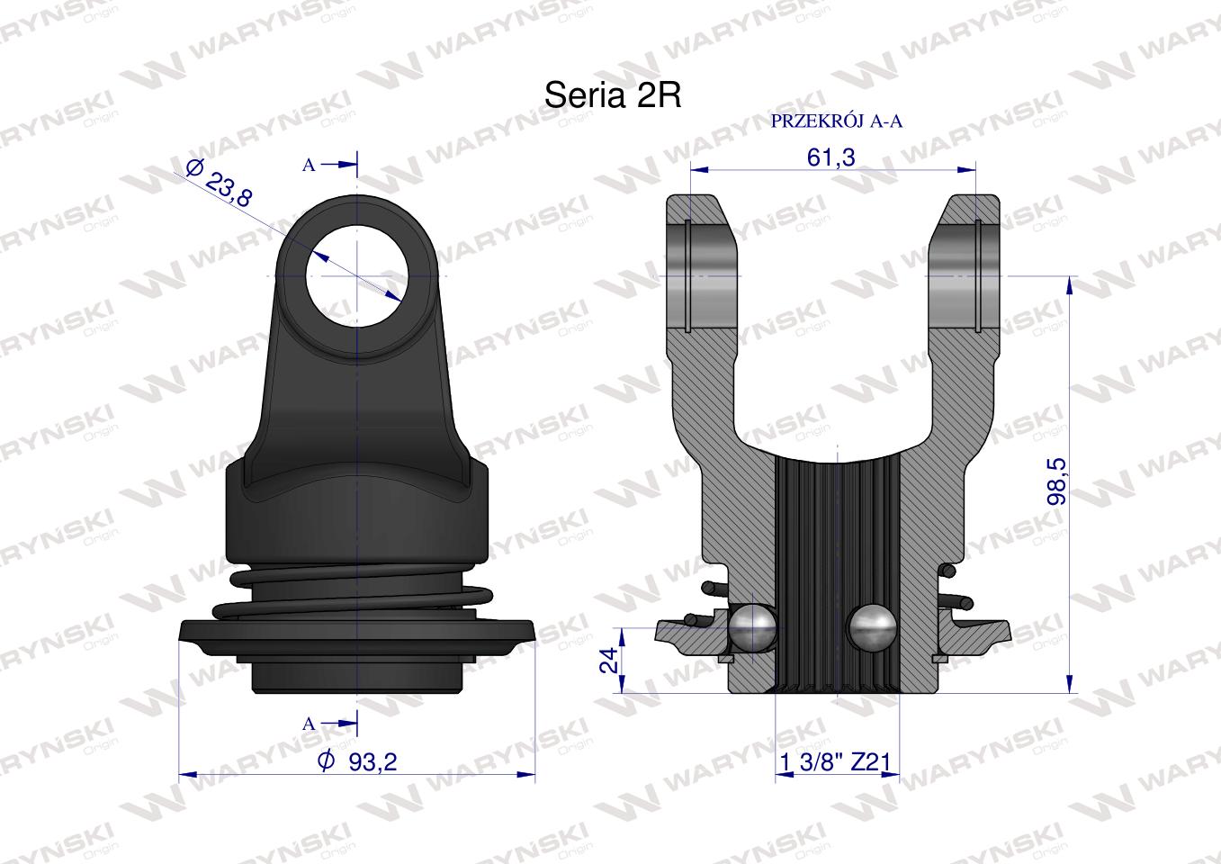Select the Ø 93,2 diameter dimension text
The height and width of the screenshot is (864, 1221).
[357, 761]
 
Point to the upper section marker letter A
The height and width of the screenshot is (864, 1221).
[309, 166]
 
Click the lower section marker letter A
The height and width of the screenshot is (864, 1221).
[309, 724]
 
